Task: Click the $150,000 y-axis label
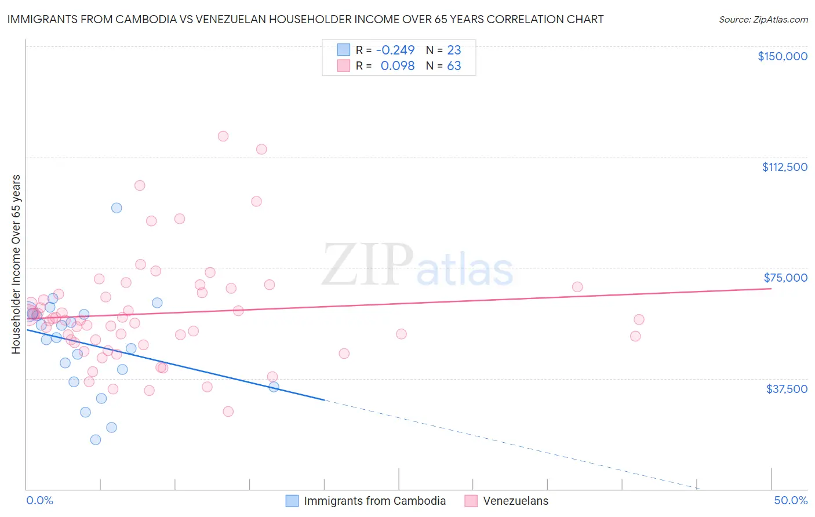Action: coord(782,56)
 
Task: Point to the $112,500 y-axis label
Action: coord(784,167)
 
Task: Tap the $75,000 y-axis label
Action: coord(785,278)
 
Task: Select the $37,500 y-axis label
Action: coord(787,389)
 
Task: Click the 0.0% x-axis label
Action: coord(39,500)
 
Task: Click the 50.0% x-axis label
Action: coord(791,500)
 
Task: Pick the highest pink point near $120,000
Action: coord(223,136)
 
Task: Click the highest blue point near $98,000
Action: coord(117,207)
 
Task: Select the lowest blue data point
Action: coord(96,439)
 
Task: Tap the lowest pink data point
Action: coord(228,412)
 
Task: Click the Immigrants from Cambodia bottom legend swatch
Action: coord(292,501)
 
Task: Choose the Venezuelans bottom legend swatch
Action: coord(471,501)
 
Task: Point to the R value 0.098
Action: coord(398,66)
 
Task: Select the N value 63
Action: coord(454,66)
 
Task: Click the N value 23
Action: coord(454,50)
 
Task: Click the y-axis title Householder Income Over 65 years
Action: coord(16,264)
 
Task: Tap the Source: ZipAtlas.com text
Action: coord(763,20)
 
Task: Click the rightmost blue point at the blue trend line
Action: coord(274,387)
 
